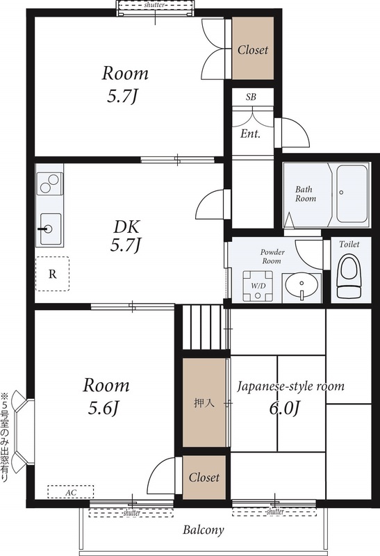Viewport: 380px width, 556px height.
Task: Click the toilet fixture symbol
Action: coord(349,277)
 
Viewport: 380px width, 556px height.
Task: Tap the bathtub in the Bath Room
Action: coord(352,193)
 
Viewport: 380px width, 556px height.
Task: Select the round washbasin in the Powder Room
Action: coord(301,286)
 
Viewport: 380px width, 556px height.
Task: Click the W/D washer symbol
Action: coord(258,286)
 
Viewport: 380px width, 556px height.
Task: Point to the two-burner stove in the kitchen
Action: coord(49,183)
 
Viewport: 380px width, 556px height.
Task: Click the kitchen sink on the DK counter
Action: coord(50,229)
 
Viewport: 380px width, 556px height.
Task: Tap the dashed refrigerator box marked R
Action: coord(53,274)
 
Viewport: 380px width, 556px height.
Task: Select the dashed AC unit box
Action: coord(71,492)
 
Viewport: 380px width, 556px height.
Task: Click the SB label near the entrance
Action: coord(251,97)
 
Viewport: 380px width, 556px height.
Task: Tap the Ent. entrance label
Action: coord(250,133)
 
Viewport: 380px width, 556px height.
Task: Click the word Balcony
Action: coord(204,530)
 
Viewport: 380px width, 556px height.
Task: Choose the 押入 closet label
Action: coord(204,403)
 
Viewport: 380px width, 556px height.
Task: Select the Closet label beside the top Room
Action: coord(253,50)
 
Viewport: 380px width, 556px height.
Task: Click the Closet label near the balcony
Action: coord(204,477)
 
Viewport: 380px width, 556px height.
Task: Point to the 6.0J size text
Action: coord(285,409)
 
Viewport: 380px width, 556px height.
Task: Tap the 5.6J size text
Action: coord(102,409)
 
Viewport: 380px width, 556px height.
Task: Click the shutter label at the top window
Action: coord(154,5)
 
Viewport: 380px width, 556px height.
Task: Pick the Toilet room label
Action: coord(349,245)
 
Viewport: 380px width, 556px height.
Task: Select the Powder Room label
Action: coord(272,256)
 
